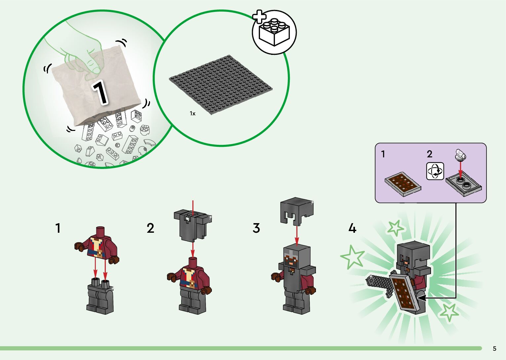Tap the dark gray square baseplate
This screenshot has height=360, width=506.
coord(221,85)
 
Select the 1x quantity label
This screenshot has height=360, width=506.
coord(192,113)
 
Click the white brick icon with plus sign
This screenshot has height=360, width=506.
coord(274,32)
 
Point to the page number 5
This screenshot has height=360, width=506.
coord(494,348)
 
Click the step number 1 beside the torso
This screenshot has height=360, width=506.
coord(58,228)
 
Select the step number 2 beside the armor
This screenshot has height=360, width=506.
coord(150,228)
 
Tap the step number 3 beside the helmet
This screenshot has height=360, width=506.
coord(256,228)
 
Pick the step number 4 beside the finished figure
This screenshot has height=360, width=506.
coord(352,228)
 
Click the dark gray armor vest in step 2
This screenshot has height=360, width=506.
coord(193,224)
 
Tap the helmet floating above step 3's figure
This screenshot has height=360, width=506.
coord(297,211)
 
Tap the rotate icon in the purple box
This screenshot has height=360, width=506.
coord(435,171)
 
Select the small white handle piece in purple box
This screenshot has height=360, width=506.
coord(461,155)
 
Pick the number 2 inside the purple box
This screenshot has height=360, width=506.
coord(429,154)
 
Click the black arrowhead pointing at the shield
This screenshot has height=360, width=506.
coord(421,298)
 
